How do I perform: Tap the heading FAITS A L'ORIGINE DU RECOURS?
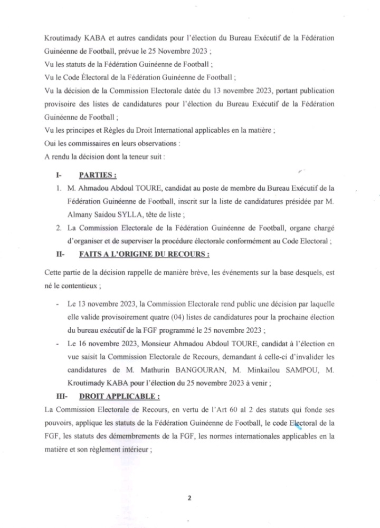coord(144,254)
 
